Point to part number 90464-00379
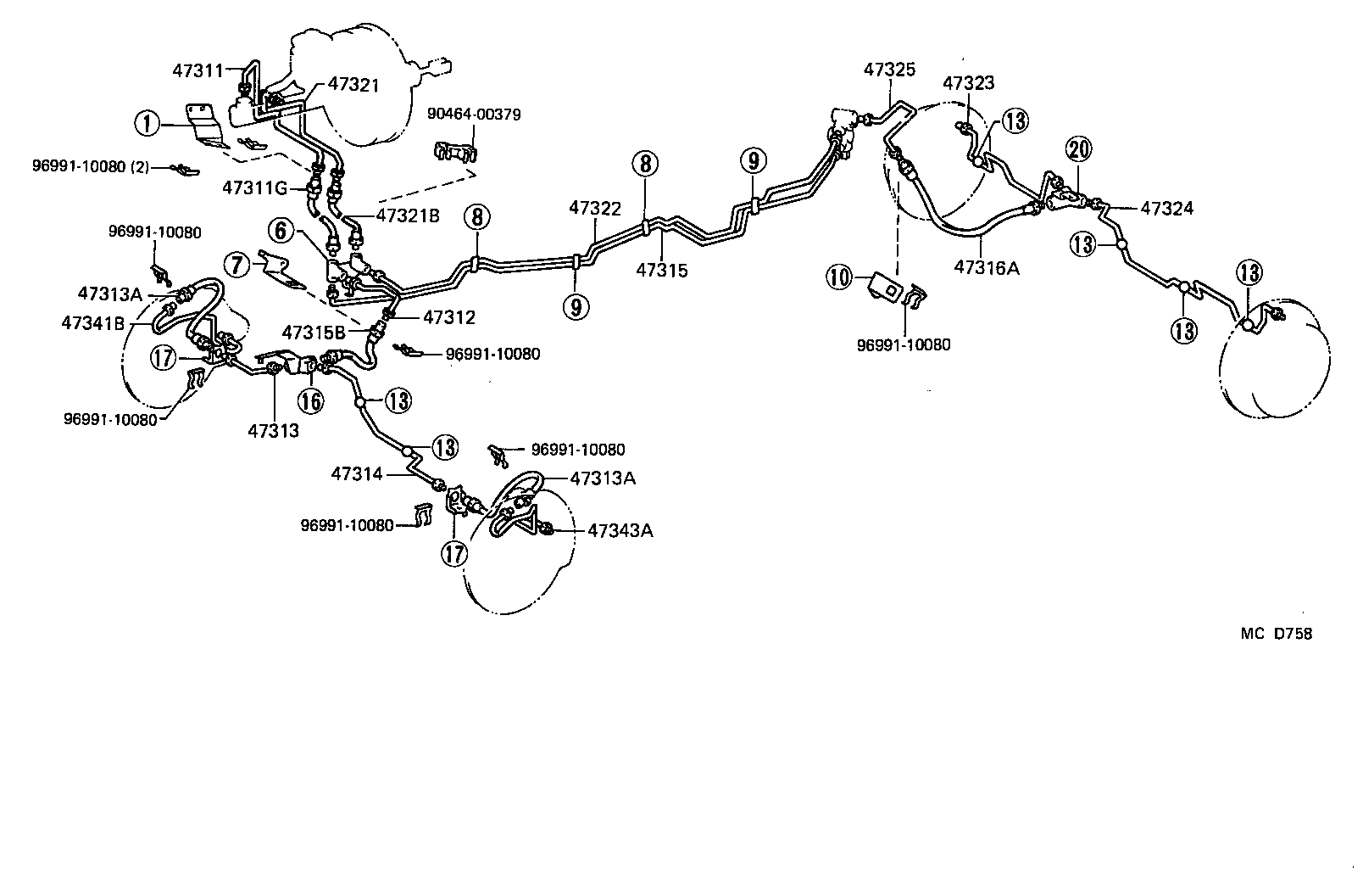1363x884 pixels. pyautogui.click(x=474, y=115)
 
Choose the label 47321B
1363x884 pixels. pyautogui.click(x=408, y=215)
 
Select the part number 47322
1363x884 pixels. pyautogui.click(x=595, y=208)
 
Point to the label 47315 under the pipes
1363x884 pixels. pyautogui.click(x=662, y=271)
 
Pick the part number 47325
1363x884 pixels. pyautogui.click(x=889, y=70)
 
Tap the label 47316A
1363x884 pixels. pyautogui.click(x=986, y=268)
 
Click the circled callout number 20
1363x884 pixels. pyautogui.click(x=1079, y=151)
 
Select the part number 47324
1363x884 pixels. pyautogui.click(x=1167, y=208)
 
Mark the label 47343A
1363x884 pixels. pyautogui.click(x=620, y=531)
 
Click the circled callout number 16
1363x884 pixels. pyautogui.click(x=311, y=400)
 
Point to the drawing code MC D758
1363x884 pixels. pyautogui.click(x=1276, y=633)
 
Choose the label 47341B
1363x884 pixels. pyautogui.click(x=93, y=322)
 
